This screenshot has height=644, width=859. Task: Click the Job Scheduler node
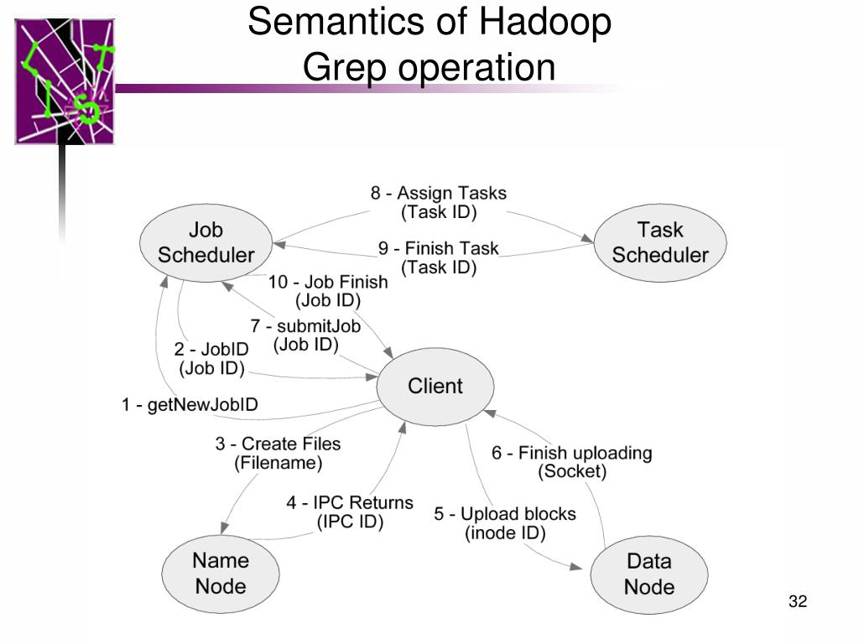(x=206, y=243)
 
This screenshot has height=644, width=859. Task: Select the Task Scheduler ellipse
(x=660, y=243)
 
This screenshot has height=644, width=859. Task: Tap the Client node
(x=435, y=386)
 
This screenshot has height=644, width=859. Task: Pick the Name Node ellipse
(x=221, y=574)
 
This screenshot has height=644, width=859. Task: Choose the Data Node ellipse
(x=649, y=574)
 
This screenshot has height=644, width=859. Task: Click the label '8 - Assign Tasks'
(x=438, y=194)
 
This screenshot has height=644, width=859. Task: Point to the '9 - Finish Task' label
(x=438, y=248)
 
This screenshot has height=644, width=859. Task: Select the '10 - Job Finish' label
(x=328, y=282)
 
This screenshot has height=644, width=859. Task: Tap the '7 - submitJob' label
(x=305, y=326)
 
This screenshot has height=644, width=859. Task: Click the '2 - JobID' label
(x=211, y=350)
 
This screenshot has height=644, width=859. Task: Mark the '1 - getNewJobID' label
(x=190, y=405)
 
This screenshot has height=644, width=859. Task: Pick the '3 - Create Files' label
(x=278, y=444)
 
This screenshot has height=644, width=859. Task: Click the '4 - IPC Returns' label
(x=350, y=503)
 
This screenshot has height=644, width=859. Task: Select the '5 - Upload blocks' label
(x=505, y=514)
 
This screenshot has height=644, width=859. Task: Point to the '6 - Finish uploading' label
(x=572, y=453)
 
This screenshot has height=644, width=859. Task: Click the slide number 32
(x=798, y=601)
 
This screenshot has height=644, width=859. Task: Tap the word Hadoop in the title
(x=545, y=23)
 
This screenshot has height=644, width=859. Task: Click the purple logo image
(x=65, y=81)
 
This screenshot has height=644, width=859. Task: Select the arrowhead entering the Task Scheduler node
(x=587, y=238)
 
